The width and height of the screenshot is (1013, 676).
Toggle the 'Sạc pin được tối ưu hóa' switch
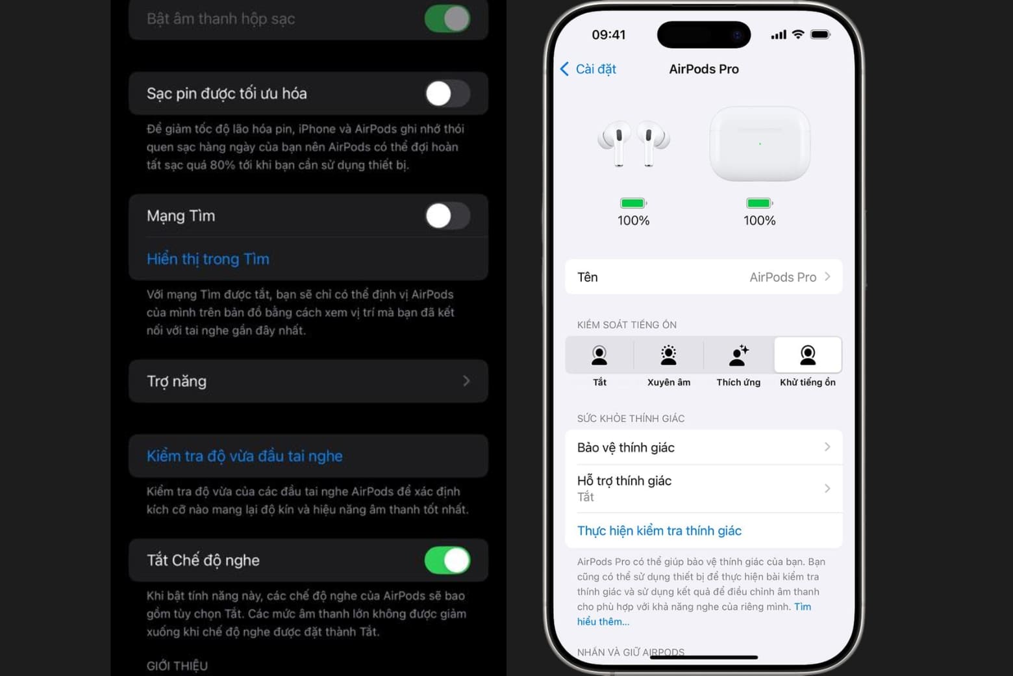[447, 94]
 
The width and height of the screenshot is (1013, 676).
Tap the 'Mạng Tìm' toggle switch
[447, 216]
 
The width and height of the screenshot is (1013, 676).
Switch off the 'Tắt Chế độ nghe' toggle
[447, 560]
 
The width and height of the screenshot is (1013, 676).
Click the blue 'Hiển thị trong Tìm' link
[208, 259]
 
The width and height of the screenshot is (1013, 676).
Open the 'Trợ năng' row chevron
[466, 381]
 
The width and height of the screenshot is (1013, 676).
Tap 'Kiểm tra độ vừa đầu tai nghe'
[244, 456]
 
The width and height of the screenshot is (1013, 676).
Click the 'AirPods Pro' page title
[704, 69]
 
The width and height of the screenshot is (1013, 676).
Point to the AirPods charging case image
[759, 144]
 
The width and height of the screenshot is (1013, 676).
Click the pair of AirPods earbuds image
[633, 143]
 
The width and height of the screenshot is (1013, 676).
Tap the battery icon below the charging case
[759, 203]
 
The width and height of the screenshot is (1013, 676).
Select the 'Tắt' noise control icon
[599, 356]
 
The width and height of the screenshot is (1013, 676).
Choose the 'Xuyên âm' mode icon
[668, 356]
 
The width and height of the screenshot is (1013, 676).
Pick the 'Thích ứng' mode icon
[738, 356]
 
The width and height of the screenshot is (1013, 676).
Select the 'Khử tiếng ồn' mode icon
[808, 356]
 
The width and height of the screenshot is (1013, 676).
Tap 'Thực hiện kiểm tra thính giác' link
[659, 530]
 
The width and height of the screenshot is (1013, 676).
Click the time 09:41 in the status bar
[608, 34]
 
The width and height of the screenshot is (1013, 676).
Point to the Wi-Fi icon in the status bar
[798, 34]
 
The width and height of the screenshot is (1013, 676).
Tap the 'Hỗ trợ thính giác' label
[624, 481]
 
